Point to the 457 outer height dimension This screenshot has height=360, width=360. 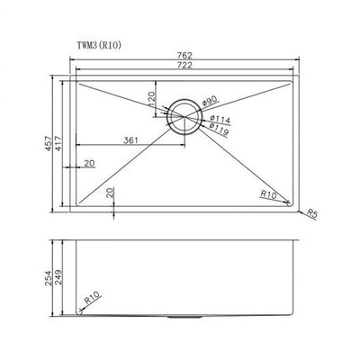coord(49,141)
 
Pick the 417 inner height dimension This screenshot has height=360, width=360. coord(63,141)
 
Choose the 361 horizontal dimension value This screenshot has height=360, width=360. coord(131,139)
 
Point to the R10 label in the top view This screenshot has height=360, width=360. coord(268,193)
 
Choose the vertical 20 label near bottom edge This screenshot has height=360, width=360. coord(109,192)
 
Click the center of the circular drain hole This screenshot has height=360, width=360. coord(185,112)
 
